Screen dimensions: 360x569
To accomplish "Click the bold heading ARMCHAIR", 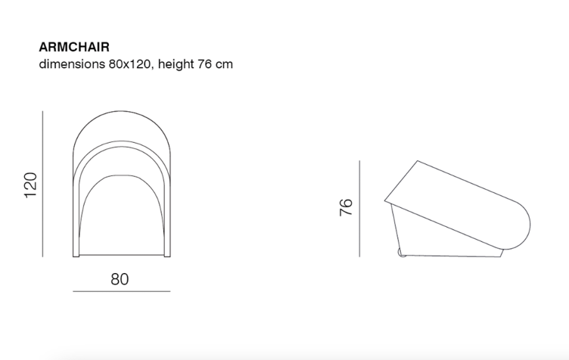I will click(73, 47).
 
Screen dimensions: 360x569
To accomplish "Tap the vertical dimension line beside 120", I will click(43, 185).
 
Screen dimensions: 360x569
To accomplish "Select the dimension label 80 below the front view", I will click(120, 279).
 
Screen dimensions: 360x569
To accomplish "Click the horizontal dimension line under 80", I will click(122, 291).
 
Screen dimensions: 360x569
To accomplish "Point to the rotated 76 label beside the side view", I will click(346, 208).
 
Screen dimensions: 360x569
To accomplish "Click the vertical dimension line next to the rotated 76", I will click(359, 208).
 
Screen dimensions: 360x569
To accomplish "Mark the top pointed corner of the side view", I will click(417, 160).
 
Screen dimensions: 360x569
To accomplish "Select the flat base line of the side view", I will click(454, 256).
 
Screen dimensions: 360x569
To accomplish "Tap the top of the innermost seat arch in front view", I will click(122, 175).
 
